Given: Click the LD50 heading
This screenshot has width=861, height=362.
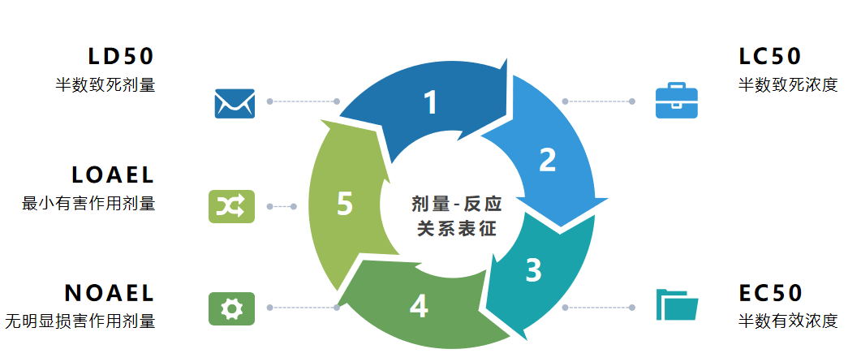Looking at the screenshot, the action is point(121,57).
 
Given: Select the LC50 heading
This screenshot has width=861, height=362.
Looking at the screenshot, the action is point(770,57).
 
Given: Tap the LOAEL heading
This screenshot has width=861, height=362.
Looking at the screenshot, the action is point(113,175).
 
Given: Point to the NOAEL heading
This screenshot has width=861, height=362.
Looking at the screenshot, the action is point(110,293).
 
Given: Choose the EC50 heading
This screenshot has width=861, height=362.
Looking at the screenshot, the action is point(770,293).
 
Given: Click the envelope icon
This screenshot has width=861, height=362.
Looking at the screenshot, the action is point(235,103).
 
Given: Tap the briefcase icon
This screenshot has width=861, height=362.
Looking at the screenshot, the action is point(677,101).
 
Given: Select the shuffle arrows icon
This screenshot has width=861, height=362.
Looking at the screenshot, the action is point(232,206).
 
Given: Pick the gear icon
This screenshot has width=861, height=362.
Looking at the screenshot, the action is point(232,308).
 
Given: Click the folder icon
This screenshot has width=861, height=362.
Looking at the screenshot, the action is point(677,304).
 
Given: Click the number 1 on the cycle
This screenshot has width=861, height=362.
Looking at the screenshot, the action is point(431,102).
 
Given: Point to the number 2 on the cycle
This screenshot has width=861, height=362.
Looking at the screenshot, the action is point(548,160).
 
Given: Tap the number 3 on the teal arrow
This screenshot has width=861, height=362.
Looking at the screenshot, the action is point(533,270).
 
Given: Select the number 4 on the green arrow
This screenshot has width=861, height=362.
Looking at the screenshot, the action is point(419,306).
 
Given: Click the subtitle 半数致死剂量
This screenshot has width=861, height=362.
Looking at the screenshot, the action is point(105,85).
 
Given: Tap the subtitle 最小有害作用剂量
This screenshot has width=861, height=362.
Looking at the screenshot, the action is point(88,203).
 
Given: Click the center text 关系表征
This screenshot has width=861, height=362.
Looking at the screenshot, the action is point(457,229).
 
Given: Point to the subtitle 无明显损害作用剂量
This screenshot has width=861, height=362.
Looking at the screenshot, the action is point(80,321).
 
